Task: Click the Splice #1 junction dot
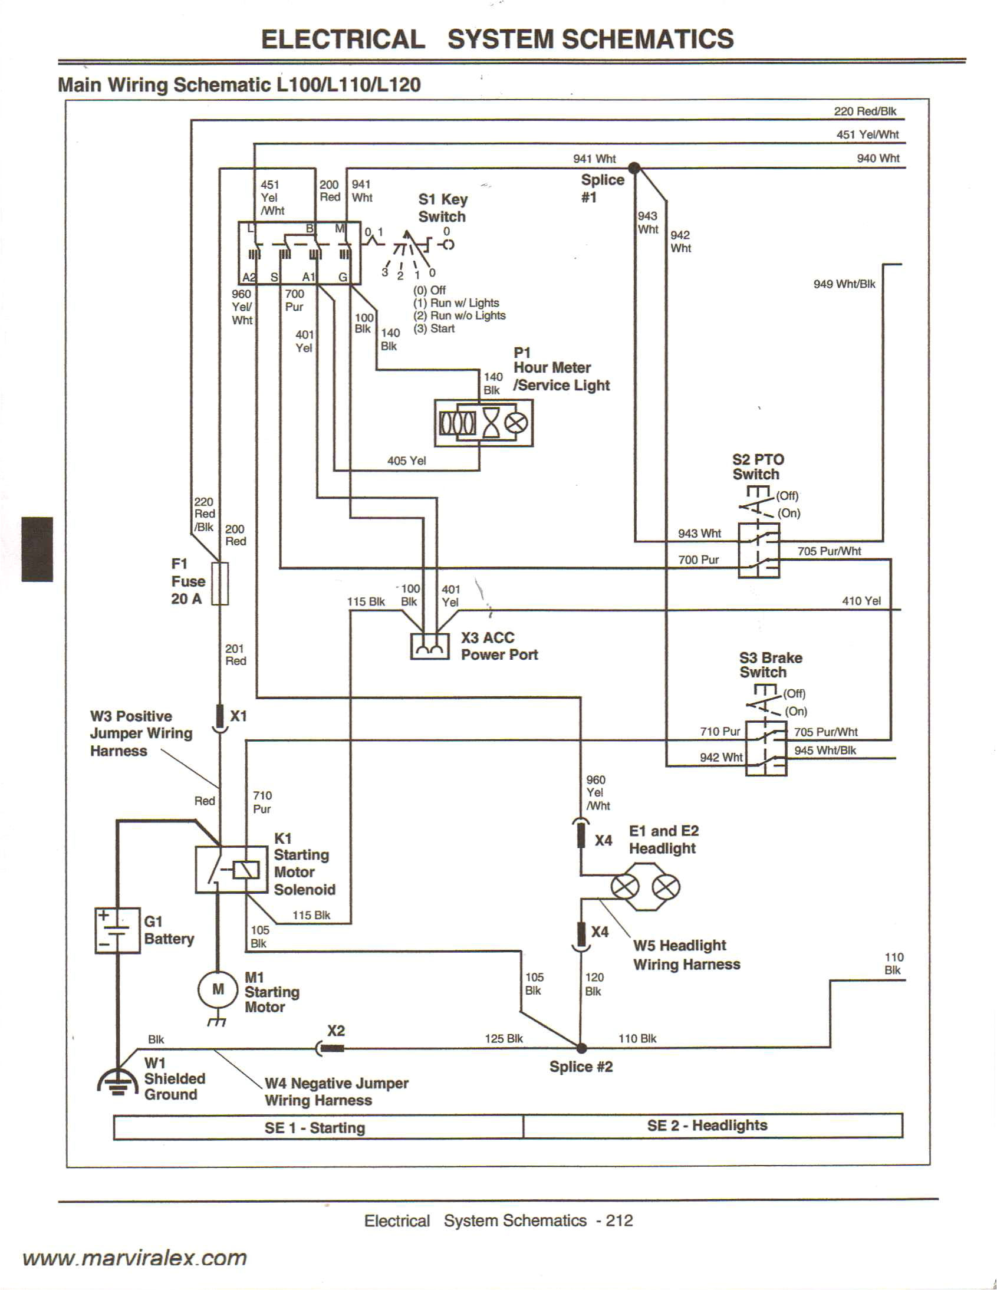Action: [634, 168]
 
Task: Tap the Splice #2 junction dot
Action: [581, 1048]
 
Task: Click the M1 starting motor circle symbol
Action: [218, 989]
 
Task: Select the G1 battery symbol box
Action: [117, 930]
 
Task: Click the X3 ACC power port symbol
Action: [429, 646]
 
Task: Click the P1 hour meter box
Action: [483, 423]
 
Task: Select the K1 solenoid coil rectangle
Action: [246, 870]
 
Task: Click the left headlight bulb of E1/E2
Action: [624, 887]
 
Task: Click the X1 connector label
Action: [239, 716]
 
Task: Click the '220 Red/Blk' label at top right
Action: [865, 111]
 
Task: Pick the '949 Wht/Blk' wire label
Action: [844, 284]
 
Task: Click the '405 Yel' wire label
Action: [406, 460]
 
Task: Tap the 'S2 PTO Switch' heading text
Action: [758, 466]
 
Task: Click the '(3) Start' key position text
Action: [434, 329]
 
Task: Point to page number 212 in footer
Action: [619, 1221]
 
